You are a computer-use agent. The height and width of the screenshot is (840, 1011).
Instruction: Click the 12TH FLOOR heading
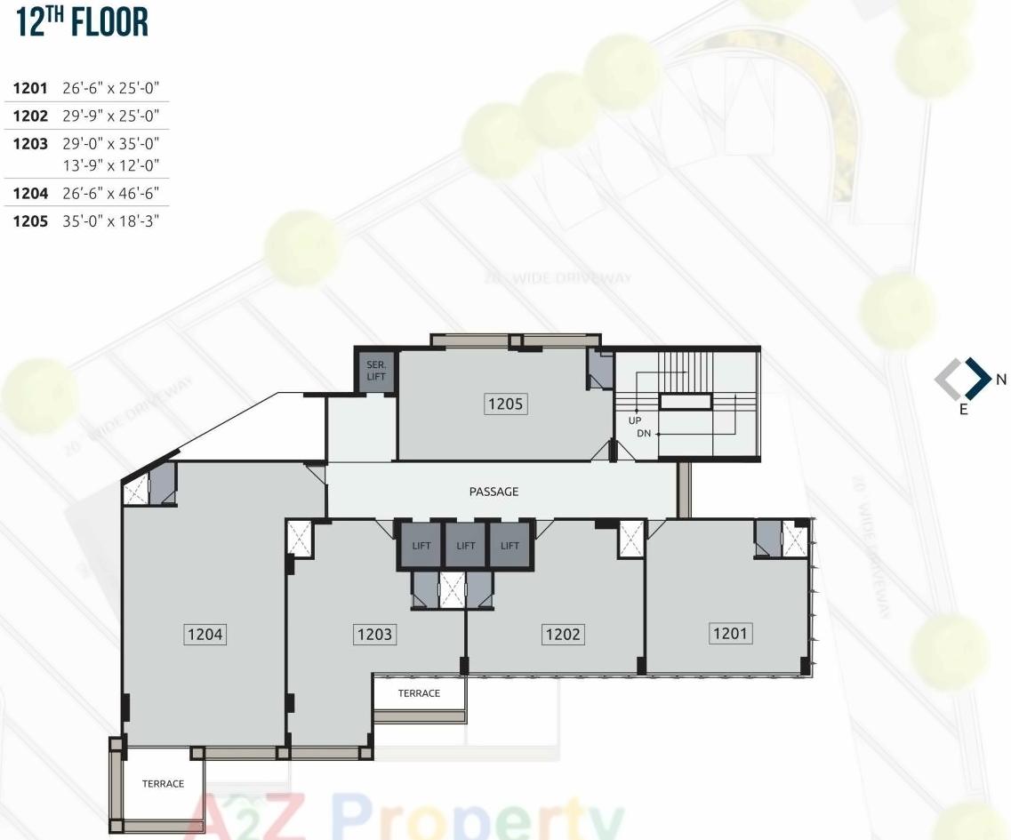coord(82,24)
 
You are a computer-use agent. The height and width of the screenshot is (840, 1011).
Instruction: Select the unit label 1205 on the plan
coord(505,404)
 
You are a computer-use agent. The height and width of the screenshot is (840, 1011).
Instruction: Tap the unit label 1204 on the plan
coord(205,635)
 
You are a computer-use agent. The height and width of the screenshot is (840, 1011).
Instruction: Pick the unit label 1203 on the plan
coord(373,635)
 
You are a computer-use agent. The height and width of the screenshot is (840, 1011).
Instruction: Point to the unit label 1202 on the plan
coord(562,634)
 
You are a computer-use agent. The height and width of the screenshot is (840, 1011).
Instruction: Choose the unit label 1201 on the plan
coord(730,633)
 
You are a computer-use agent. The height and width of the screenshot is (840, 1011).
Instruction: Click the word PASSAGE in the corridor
coord(493,492)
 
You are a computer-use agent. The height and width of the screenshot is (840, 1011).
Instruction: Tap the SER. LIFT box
coord(375,371)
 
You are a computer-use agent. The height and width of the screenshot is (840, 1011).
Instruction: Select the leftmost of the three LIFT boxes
coord(421,546)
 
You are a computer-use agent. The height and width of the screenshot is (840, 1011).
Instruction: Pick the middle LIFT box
coord(466,546)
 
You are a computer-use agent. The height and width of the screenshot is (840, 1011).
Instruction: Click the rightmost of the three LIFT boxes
coord(510,546)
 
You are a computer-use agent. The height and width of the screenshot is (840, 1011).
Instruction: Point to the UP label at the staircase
coord(635,420)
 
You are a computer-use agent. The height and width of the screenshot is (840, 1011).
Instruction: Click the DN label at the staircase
coord(644,434)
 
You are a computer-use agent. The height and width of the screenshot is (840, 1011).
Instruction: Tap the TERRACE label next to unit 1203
coord(419,693)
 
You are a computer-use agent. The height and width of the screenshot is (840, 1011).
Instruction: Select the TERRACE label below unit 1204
coord(163,784)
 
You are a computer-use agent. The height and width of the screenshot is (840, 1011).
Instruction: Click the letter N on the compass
coord(1000,380)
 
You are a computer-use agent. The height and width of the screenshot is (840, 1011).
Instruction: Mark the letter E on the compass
coord(963,412)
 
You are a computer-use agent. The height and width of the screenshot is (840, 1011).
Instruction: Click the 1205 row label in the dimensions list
coord(29,221)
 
